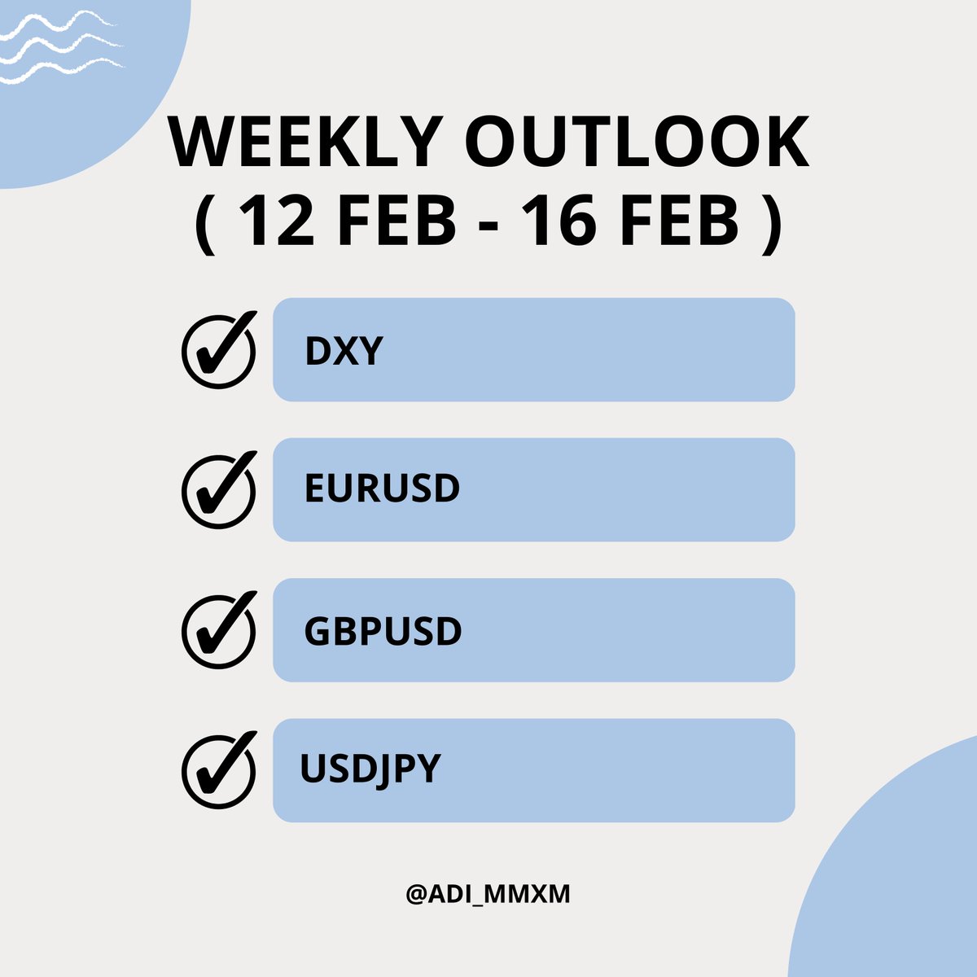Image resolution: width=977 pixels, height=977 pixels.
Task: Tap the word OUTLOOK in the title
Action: click(637, 143)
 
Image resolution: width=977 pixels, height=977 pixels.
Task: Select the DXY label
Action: click(343, 351)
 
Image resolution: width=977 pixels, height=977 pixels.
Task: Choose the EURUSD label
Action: click(382, 489)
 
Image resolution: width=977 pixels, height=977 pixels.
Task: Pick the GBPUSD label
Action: click(383, 631)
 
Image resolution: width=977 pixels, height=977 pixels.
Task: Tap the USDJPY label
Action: click(370, 769)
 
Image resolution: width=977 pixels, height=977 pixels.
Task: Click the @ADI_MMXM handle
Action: click(488, 894)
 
